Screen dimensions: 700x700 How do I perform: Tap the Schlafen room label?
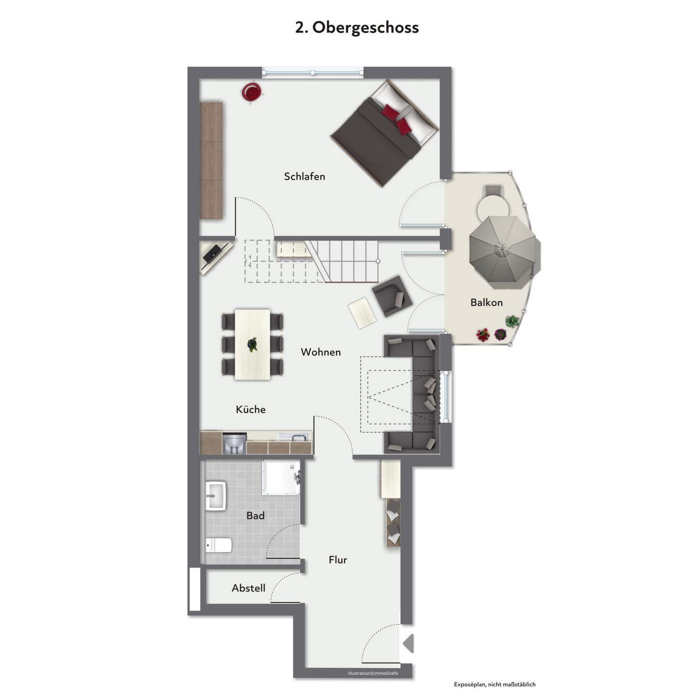(x=304, y=176)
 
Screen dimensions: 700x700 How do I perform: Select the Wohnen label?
(x=321, y=352)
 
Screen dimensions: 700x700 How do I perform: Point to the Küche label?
(x=251, y=409)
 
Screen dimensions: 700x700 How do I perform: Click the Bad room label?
(x=255, y=515)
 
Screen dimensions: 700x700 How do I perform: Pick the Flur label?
(x=338, y=560)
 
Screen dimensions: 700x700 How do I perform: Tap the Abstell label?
(x=248, y=588)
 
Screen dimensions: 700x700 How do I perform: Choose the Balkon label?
(x=487, y=302)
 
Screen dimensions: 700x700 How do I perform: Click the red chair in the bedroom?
(x=251, y=92)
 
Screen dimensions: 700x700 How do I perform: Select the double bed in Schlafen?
(x=385, y=133)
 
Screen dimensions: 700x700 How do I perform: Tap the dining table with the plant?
(x=252, y=345)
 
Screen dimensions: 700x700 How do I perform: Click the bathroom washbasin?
(x=216, y=496)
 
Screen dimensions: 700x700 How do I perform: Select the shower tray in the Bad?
(x=281, y=477)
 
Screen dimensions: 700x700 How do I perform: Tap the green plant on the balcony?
(x=512, y=321)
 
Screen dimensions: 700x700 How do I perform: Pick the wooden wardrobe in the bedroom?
(x=211, y=160)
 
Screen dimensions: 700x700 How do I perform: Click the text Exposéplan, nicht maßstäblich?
(x=494, y=684)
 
